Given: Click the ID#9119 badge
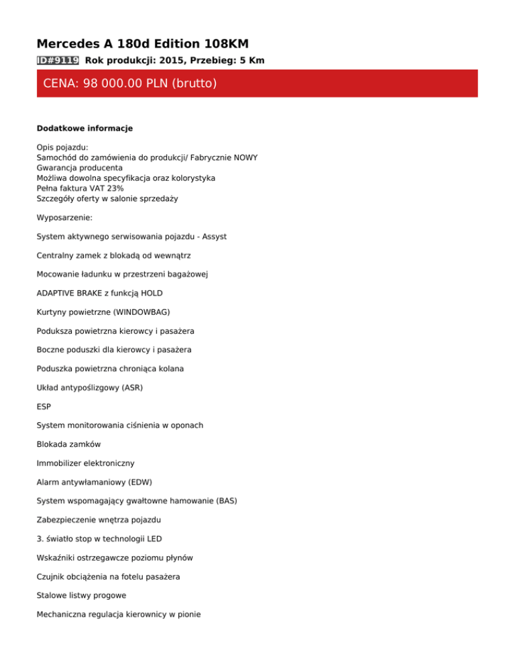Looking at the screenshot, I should tap(58, 60).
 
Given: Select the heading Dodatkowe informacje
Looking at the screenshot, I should tap(84, 128).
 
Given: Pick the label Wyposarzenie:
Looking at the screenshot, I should tap(69, 218).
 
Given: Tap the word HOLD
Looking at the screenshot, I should tap(150, 293).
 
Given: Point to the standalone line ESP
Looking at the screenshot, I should tap(44, 406).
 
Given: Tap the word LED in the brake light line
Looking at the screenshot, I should tap(153, 538).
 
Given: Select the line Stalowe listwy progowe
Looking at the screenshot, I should tap(81, 594).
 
